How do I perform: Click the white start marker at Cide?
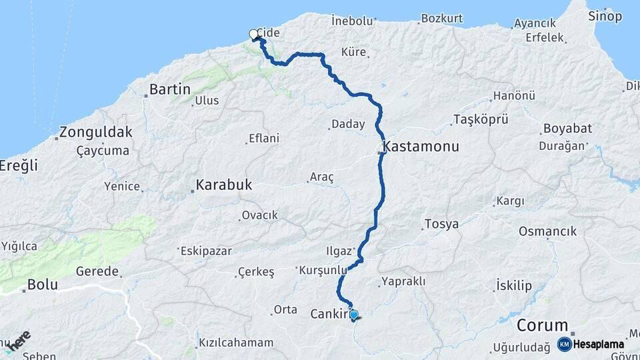[253, 34]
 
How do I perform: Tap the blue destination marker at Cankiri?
[353, 315]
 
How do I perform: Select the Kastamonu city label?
[421, 146]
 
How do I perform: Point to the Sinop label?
[605, 16]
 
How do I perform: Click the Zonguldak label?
[96, 132]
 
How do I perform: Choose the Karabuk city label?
[224, 185]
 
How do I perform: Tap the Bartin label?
[169, 89]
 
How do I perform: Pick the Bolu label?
[42, 285]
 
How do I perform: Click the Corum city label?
[543, 327]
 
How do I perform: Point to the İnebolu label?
[352, 21]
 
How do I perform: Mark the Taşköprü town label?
[481, 119]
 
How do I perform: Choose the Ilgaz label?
[339, 251]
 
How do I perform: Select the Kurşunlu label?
[324, 270]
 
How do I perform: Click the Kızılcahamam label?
[235, 343]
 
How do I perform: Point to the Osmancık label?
[547, 231]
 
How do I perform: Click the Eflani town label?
[263, 139]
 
